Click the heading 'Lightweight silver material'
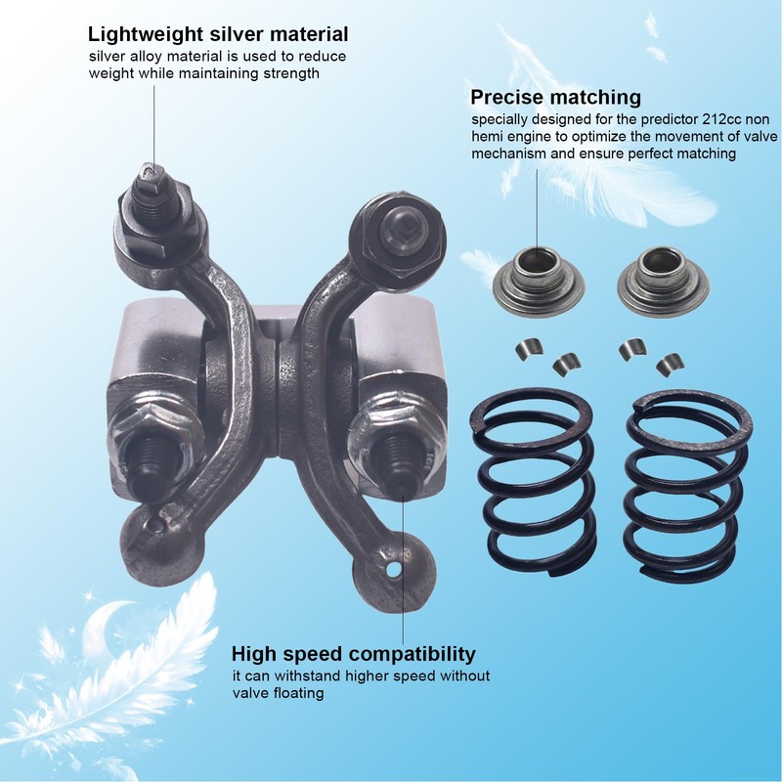[218, 35]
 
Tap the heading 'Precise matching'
[555, 97]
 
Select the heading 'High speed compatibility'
[353, 653]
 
